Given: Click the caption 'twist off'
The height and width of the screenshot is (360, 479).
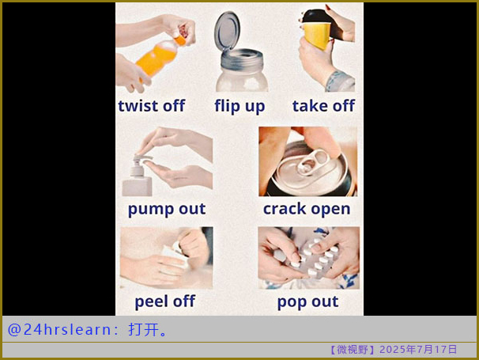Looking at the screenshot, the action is (152, 105).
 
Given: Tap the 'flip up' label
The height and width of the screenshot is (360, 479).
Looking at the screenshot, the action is (239, 106).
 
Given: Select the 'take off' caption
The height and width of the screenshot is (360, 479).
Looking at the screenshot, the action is (323, 105).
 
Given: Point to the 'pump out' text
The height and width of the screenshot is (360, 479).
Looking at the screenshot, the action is (167, 209).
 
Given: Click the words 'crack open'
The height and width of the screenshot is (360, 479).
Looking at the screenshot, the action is (307, 209).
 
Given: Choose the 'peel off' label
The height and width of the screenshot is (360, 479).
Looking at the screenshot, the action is (165, 301).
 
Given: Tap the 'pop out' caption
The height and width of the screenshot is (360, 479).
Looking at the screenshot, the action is (307, 302).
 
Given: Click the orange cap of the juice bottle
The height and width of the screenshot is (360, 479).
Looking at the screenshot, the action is (180, 40).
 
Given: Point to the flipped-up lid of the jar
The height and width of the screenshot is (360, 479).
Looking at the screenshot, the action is (228, 30).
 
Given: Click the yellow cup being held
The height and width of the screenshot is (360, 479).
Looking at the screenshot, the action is (317, 34).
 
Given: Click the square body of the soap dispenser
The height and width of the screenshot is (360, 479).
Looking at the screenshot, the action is (138, 185).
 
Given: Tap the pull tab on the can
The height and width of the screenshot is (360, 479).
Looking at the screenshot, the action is (312, 162).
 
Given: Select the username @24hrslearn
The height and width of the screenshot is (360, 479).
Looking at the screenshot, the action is (59, 330).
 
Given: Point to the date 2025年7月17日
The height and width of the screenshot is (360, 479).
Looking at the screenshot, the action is (418, 349).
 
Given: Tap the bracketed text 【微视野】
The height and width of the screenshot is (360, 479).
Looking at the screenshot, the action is (353, 349).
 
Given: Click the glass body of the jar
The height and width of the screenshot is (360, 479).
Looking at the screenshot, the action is (242, 78).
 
